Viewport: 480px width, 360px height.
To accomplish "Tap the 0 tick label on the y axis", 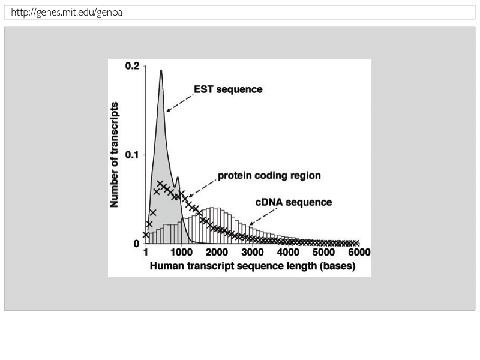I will tap(136, 244).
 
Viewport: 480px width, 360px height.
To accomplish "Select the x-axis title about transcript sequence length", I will tap(252, 267).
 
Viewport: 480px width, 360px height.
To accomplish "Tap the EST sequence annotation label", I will tap(228, 89).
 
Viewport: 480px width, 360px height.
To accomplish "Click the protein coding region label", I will tap(269, 176).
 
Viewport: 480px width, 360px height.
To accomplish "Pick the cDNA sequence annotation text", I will tap(293, 202).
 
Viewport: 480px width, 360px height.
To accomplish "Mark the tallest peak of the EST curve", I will tap(161, 71).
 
